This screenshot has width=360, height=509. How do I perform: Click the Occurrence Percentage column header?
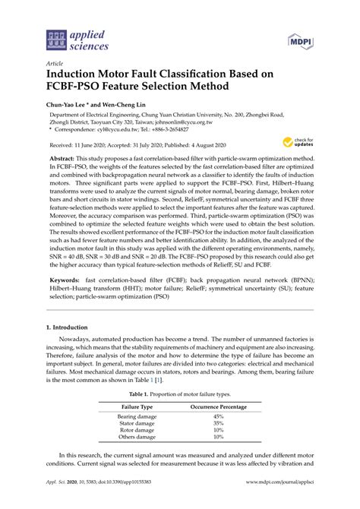point(217,408)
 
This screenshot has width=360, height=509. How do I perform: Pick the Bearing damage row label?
point(137,417)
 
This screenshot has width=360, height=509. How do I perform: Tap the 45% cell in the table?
point(218,417)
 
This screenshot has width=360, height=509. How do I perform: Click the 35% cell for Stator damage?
point(218,424)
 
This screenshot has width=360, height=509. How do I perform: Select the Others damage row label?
point(137,437)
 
